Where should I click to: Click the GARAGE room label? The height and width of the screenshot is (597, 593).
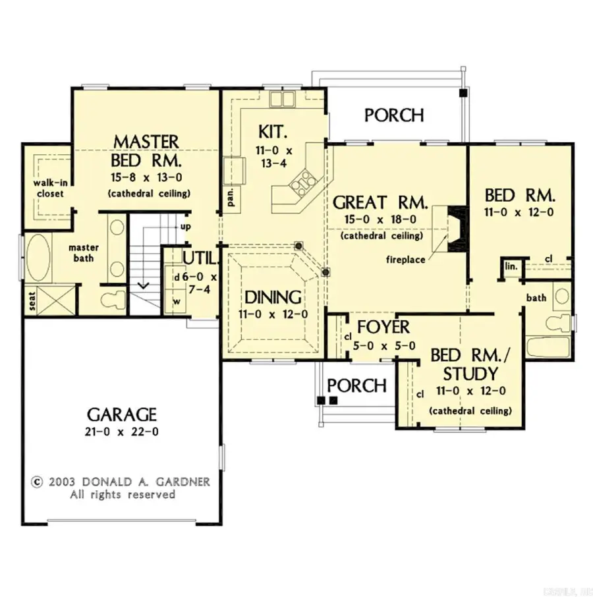pos(122,414)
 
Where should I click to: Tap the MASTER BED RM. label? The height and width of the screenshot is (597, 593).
pos(146,151)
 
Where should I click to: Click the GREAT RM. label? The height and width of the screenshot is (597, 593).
pos(381,202)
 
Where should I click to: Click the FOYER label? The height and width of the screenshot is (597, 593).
pos(383,327)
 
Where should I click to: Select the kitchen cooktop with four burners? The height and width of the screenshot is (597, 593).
pos(304,181)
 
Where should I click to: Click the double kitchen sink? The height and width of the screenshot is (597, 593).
pos(281,99)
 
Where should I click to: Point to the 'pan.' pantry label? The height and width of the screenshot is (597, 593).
pos(231,197)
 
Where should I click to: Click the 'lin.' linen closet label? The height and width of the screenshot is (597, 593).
pos(512,266)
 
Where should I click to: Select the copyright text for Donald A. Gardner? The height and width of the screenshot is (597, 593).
pos(121,482)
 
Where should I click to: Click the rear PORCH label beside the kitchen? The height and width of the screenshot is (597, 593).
pos(394,115)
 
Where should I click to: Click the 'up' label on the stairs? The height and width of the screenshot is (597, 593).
pos(185,227)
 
